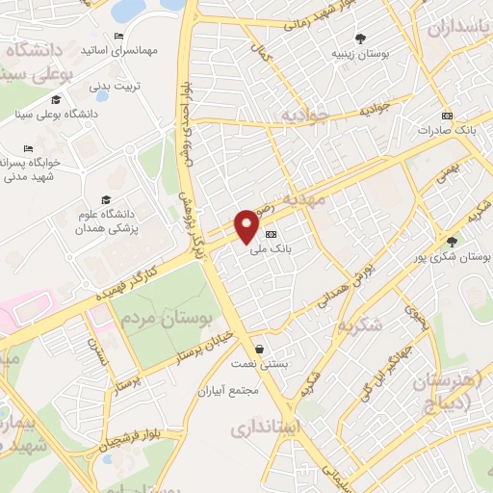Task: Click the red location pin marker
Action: click(x=247, y=224)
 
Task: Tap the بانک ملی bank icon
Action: click(x=271, y=234)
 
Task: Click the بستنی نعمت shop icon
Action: click(x=257, y=349)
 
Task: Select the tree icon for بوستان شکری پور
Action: click(x=452, y=242)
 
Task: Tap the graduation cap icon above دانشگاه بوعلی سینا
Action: click(x=56, y=101)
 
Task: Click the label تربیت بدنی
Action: click(x=115, y=86)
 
